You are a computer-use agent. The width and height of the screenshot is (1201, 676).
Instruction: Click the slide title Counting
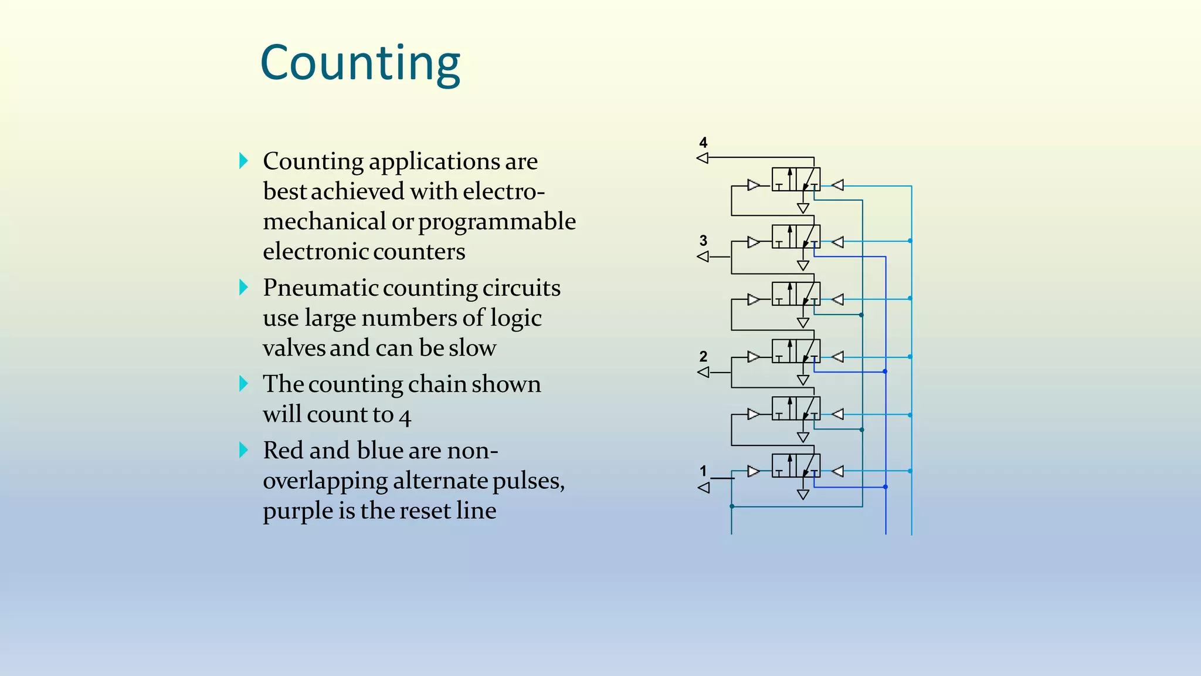point(360,63)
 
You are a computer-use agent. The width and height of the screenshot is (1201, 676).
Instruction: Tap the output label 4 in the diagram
point(703,143)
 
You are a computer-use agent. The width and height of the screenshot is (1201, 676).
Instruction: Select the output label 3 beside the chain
point(703,241)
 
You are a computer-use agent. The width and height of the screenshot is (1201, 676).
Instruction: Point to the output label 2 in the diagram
point(703,357)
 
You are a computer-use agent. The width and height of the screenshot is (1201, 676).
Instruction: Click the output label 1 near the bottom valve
point(703,471)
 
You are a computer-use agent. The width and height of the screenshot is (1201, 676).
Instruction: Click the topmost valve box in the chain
point(796,179)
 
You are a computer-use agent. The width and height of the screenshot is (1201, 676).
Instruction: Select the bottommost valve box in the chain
point(796,465)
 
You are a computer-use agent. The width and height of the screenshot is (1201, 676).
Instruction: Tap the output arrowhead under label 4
point(703,158)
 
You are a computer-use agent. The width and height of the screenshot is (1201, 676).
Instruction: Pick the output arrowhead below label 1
point(704,488)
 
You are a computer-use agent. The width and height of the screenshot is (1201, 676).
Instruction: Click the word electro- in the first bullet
point(504,191)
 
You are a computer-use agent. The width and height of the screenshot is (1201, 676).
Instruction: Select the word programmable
point(497,222)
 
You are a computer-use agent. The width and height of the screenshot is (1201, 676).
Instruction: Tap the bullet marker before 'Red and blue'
point(243,450)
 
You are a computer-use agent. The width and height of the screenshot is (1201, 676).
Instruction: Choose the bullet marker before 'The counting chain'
point(243,384)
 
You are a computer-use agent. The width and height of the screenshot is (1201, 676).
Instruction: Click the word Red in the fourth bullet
point(283,451)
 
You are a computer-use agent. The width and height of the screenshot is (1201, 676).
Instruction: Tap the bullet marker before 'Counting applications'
point(243,161)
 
